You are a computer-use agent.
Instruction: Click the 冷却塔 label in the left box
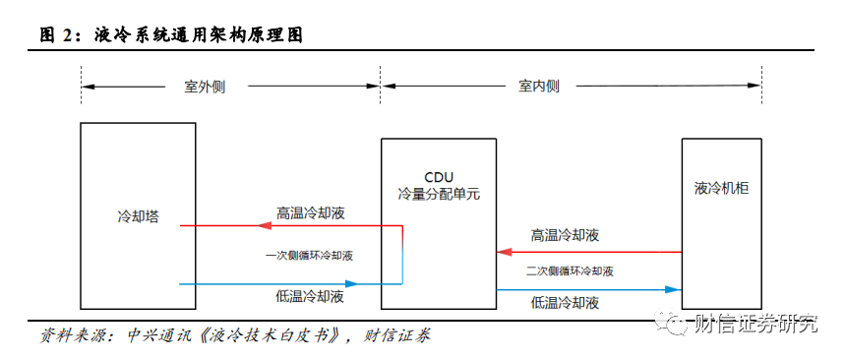(138, 217)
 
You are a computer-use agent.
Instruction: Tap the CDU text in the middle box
(439, 177)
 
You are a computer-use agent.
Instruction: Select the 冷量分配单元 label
(439, 194)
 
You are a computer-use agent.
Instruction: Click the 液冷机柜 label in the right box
(722, 189)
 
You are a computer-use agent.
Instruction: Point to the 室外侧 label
(205, 87)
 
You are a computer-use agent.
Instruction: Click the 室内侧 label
(539, 87)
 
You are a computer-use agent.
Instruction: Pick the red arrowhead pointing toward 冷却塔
(264, 226)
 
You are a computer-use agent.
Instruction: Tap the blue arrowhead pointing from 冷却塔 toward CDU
(352, 283)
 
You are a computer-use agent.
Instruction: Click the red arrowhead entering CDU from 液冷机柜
(503, 252)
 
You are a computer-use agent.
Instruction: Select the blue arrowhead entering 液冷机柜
(674, 290)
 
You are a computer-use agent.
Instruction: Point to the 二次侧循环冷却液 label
(570, 271)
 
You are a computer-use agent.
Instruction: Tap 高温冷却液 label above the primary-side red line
(311, 212)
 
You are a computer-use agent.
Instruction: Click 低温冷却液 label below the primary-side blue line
(309, 297)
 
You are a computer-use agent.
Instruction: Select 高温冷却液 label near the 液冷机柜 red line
(565, 235)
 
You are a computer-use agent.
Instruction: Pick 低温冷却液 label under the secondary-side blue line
(565, 303)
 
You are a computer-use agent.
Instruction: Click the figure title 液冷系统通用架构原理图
(199, 35)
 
